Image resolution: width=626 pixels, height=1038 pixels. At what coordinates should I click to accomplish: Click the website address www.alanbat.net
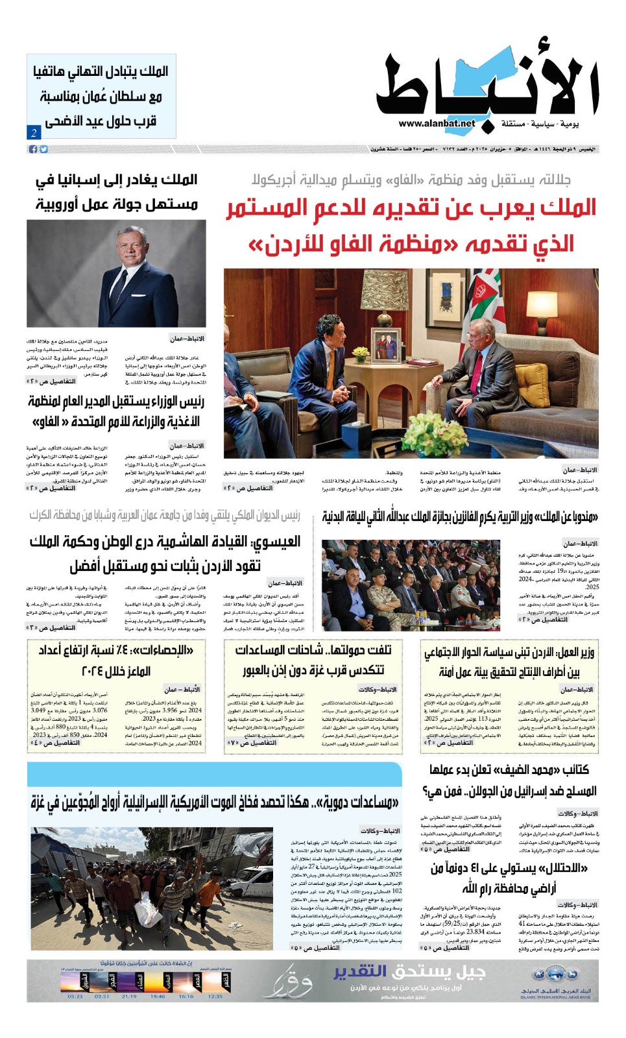tap(437, 123)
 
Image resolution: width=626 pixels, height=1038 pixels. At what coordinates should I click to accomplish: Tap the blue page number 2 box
tap(34, 132)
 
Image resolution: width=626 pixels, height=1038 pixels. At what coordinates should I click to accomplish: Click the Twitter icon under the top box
tap(43, 149)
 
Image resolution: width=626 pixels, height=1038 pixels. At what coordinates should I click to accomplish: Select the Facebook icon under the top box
tap(33, 149)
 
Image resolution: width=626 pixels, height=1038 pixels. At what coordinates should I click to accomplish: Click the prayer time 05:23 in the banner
tap(75, 996)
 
